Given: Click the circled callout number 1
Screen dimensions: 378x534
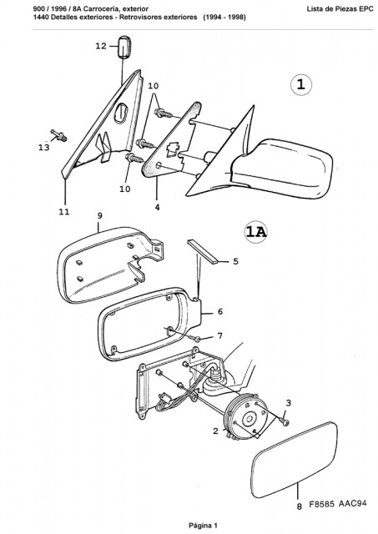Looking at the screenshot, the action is [x=301, y=84].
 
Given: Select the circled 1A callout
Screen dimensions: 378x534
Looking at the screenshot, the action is [x=256, y=232].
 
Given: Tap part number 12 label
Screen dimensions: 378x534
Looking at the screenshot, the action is [x=101, y=46].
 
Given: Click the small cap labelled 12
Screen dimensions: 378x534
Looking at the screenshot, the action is [x=123, y=47].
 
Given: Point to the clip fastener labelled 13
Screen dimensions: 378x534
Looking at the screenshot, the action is [x=58, y=135].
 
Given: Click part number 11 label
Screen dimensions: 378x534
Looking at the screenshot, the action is [x=64, y=212].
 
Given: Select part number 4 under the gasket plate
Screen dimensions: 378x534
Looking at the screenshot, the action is [x=158, y=207].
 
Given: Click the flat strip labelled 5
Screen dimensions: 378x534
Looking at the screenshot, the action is [x=204, y=252].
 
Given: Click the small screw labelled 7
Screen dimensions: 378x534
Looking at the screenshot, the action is [x=197, y=339].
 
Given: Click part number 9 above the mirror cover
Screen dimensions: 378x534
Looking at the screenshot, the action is [x=99, y=216].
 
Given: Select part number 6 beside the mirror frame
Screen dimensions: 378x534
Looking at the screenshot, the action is [x=220, y=311].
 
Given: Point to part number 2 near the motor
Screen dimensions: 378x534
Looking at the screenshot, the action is [x=215, y=431].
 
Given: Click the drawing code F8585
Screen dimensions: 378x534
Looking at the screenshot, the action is [x=322, y=504].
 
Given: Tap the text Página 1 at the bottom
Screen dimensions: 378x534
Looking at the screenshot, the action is [x=203, y=526].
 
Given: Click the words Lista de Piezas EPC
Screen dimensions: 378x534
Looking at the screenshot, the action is [x=340, y=9].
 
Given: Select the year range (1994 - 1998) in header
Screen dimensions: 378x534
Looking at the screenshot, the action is [x=224, y=17].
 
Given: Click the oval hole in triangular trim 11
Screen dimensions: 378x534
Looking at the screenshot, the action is [x=121, y=113].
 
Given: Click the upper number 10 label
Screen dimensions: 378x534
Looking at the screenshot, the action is [x=154, y=86].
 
